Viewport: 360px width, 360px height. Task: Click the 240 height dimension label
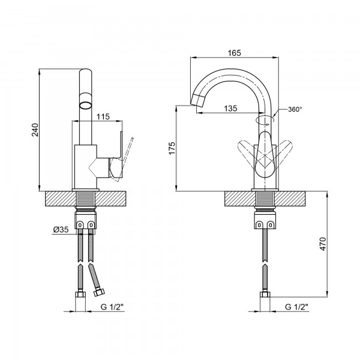pyautogui.click(x=35, y=130)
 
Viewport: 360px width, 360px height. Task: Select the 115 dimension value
pyautogui.click(x=103, y=116)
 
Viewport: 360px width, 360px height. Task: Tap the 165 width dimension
pyautogui.click(x=235, y=53)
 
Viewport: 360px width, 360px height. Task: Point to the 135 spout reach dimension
pyautogui.click(x=230, y=108)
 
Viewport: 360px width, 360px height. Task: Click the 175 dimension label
pyautogui.click(x=172, y=148)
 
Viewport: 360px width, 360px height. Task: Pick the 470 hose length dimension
pyautogui.click(x=323, y=244)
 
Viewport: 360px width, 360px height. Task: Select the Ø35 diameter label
pyautogui.click(x=61, y=229)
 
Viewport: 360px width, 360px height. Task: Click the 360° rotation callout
pyautogui.click(x=295, y=109)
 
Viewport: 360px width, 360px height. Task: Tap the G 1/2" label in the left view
pyautogui.click(x=112, y=307)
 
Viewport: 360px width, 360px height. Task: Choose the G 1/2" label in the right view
pyautogui.click(x=296, y=307)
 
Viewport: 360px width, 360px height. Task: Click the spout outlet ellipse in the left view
pyautogui.click(x=85, y=106)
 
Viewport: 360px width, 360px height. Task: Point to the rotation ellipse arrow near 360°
pyautogui.click(x=265, y=119)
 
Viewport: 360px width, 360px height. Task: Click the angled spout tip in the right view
pyautogui.click(x=198, y=101)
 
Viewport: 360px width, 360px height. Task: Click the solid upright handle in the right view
pyautogui.click(x=265, y=155)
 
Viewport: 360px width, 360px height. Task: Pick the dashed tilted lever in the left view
pyautogui.click(x=126, y=156)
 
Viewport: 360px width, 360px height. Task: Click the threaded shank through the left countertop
pyautogui.click(x=86, y=199)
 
